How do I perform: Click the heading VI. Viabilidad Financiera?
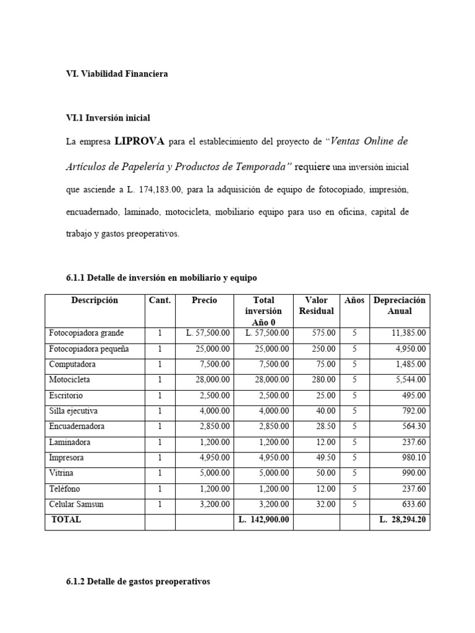(117, 74)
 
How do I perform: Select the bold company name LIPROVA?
(139, 142)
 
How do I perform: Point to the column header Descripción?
(95, 300)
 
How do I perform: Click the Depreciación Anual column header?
(399, 305)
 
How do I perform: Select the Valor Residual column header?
(316, 305)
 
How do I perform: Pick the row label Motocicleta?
(70, 380)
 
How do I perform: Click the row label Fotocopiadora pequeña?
(89, 349)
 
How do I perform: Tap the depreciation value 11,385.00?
(409, 333)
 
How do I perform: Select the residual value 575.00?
(323, 333)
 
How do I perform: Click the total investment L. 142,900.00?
(263, 520)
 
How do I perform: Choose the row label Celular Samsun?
(77, 504)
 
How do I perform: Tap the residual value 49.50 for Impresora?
(325, 457)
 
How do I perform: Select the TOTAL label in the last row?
(66, 520)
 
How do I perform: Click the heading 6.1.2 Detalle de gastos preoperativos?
(138, 582)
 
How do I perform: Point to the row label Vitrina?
(61, 473)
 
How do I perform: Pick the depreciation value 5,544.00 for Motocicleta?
(411, 380)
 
